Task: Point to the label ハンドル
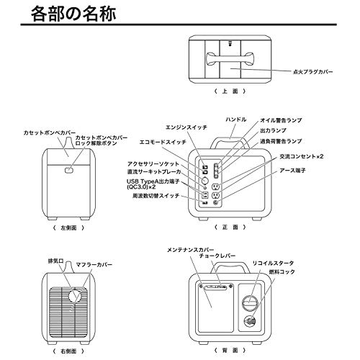click(x=236, y=118)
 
